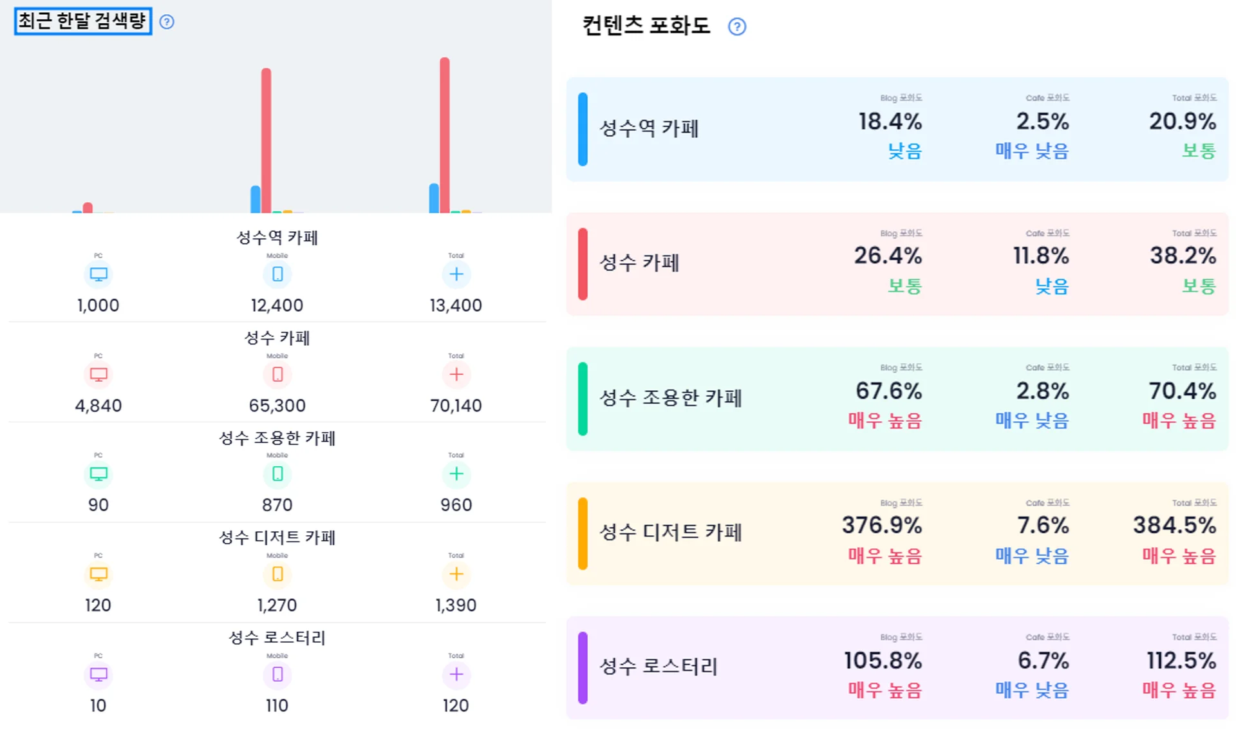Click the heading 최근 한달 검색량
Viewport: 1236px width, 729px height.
82,21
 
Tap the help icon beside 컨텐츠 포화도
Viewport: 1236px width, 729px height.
736,26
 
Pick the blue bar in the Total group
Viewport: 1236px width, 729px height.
434,198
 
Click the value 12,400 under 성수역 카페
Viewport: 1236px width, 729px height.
277,305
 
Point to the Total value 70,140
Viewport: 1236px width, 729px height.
456,406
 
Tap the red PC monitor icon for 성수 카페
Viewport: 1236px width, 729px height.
98,374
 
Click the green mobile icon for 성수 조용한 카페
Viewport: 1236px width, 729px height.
277,474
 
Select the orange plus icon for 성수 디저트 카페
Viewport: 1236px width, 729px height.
456,574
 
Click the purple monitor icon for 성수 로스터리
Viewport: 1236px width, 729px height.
98,674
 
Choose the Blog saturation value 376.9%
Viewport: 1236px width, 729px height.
882,525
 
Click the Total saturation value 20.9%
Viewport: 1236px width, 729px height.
1183,121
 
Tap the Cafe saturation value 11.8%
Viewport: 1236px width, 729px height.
1040,256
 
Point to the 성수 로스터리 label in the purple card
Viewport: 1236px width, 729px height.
659,666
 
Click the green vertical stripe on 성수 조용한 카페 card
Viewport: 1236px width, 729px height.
583,399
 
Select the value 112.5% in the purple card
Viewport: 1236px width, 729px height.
1181,661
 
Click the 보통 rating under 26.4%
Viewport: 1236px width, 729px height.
904,286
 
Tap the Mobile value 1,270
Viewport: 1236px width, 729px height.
277,605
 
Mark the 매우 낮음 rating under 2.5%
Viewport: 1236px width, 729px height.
1032,151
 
